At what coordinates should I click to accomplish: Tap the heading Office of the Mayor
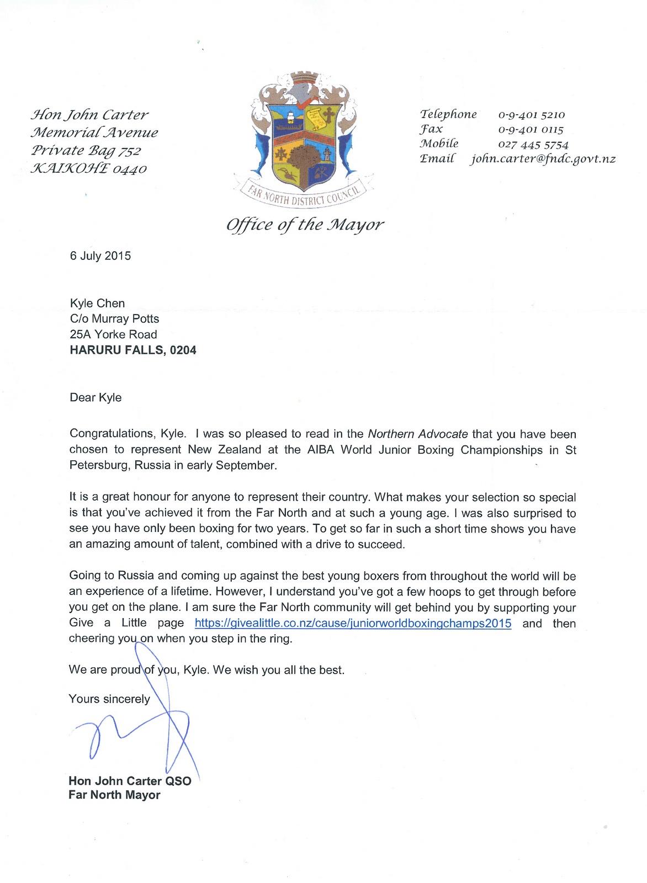point(304,225)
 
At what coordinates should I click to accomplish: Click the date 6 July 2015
point(100,256)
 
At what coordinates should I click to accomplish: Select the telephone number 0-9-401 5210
point(531,115)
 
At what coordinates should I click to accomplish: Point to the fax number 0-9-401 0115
point(530,130)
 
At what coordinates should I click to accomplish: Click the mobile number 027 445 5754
point(533,145)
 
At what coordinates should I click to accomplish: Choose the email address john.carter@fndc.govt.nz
point(542,159)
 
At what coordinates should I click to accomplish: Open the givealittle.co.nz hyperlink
point(353,624)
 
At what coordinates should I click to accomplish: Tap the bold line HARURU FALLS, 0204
point(132,350)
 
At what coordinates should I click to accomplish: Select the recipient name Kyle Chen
point(97,304)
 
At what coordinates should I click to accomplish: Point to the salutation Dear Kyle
point(96,398)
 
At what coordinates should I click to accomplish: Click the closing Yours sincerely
point(109,699)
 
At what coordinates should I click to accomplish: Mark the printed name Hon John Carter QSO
point(130,781)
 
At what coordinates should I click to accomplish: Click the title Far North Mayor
point(114,795)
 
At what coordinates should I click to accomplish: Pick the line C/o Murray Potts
point(114,319)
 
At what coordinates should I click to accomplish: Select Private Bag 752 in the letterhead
point(86,151)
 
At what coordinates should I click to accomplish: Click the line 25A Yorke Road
point(113,334)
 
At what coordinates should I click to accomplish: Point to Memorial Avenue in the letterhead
point(94,133)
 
